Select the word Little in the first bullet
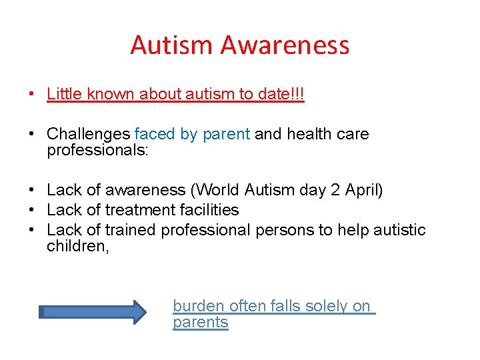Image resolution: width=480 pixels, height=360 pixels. [x=63, y=94]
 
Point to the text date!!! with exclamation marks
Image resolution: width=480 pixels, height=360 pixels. [x=280, y=94]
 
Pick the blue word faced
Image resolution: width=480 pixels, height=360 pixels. [x=155, y=134]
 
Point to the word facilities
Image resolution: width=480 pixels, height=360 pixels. [x=207, y=210]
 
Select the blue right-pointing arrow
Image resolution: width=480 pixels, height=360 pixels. [x=93, y=311]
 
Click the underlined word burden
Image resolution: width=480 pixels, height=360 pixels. [x=199, y=306]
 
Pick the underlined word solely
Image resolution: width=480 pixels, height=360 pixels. [x=325, y=306]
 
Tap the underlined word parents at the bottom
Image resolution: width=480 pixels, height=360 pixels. [x=200, y=323]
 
